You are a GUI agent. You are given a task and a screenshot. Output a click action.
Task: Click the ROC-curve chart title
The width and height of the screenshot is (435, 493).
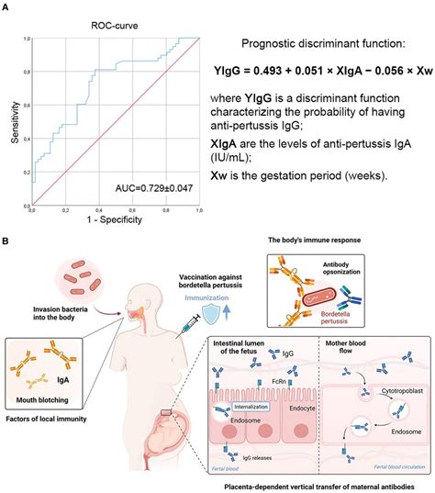[x=116, y=28]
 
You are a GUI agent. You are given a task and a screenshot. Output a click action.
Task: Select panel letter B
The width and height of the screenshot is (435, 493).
[x=7, y=242]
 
